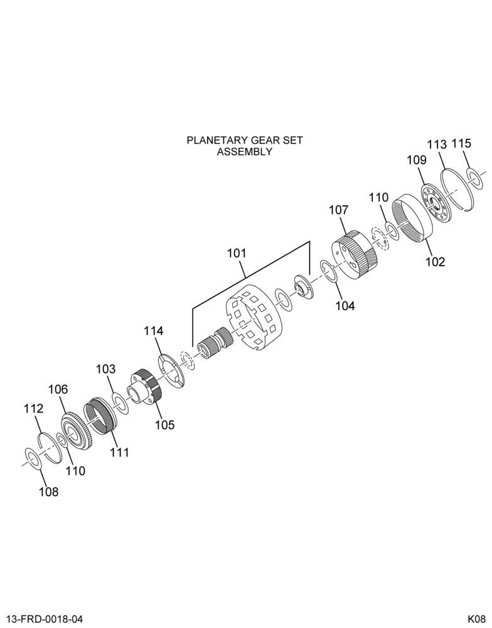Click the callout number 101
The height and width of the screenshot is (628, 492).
tap(237, 254)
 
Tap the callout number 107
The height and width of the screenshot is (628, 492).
tap(339, 210)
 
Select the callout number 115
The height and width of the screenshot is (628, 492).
tap(462, 143)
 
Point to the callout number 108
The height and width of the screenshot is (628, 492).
tap(48, 492)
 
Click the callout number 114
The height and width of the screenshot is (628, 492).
tap(154, 331)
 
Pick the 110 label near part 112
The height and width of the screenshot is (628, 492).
tap(76, 470)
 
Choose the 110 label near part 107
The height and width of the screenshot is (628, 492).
tap(378, 197)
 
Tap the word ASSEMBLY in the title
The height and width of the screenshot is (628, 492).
tap(245, 152)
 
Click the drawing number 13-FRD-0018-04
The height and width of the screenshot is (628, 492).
tap(41, 619)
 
